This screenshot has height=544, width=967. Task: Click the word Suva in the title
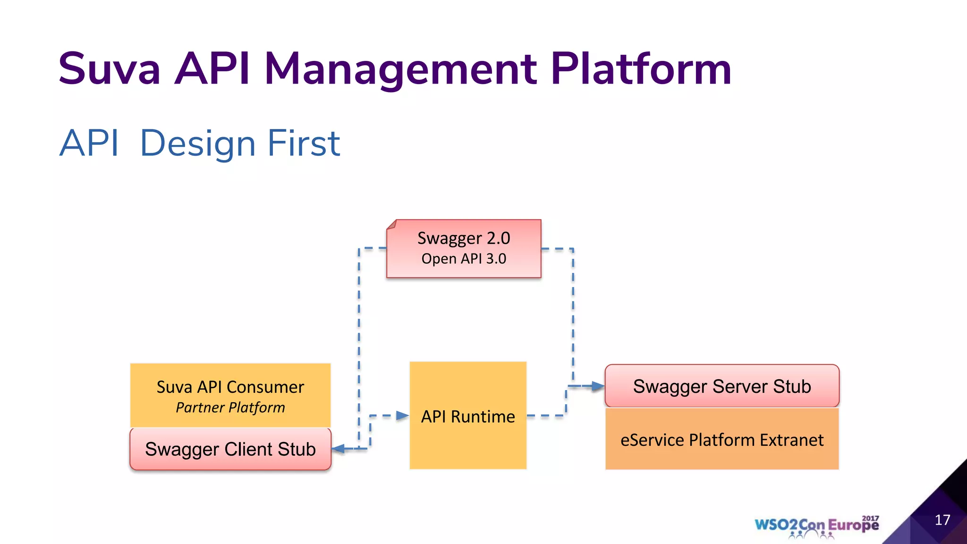tap(110, 69)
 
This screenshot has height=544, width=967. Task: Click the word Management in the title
tap(400, 69)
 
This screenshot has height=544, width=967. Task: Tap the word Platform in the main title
tap(641, 69)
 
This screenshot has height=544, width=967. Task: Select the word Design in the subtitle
tap(198, 144)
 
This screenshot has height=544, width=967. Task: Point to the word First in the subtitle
tap(304, 143)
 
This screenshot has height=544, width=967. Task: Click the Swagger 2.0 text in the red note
tap(464, 238)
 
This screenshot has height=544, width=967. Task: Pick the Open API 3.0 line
tap(464, 259)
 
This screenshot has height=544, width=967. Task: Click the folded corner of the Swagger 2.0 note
tap(391, 224)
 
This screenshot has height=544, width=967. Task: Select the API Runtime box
tap(468, 416)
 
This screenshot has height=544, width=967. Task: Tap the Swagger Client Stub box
tap(230, 449)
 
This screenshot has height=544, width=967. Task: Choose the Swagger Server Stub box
tap(722, 386)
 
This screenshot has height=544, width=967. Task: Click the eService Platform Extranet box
tap(722, 440)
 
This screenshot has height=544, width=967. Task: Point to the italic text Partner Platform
tap(230, 408)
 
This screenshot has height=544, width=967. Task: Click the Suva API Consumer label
tap(230, 387)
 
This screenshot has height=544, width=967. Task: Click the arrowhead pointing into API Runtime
tap(402, 416)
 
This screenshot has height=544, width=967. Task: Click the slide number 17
tap(942, 520)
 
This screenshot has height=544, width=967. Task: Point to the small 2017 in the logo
tap(870, 518)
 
